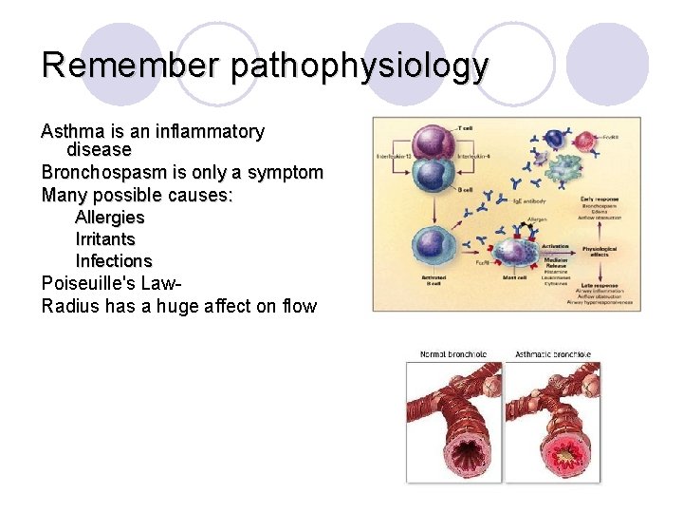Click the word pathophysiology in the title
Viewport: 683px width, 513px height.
[x=360, y=66]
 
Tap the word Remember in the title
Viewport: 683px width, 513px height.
[x=131, y=66]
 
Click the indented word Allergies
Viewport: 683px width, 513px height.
[x=110, y=218]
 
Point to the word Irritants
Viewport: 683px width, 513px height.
[x=105, y=239]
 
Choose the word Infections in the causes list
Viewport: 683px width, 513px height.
[x=114, y=261]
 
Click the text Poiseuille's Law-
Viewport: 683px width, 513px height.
[x=112, y=283]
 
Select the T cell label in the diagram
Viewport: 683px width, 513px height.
[x=466, y=126]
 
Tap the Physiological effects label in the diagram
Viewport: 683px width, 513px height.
[x=599, y=251]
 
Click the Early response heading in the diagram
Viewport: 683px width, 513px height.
[x=600, y=199]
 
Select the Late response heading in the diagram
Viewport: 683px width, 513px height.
[x=600, y=283]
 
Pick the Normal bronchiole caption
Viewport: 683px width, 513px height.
[x=453, y=354]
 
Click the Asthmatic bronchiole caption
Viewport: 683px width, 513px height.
[x=552, y=354]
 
